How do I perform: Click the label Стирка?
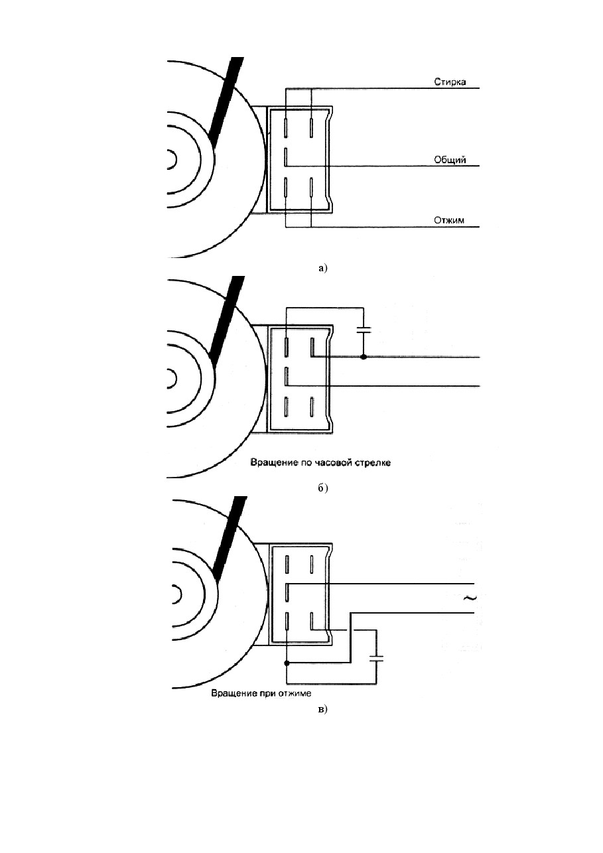(450, 82)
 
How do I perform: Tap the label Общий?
(450, 160)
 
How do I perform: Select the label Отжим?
(449, 220)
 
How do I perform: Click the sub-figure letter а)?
(322, 269)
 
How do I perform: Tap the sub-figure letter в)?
(322, 709)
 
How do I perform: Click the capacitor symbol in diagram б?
(364, 330)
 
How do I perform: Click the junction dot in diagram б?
(364, 358)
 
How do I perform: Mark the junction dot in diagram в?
(287, 663)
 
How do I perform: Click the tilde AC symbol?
(470, 598)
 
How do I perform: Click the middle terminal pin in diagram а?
(286, 158)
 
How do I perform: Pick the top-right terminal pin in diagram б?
(312, 348)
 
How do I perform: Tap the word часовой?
(332, 463)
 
